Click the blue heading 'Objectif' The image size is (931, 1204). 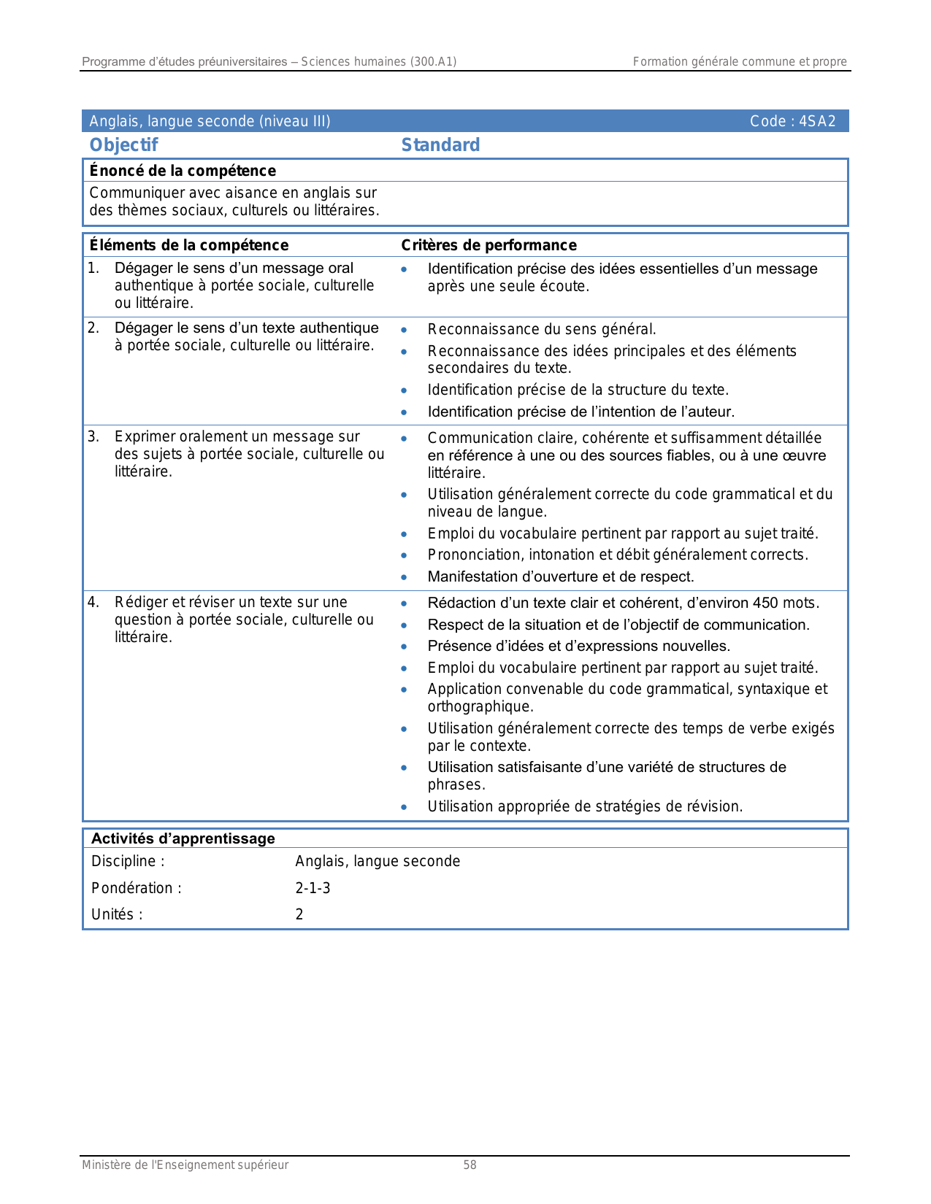click(x=123, y=145)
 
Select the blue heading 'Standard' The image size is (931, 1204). click(x=440, y=145)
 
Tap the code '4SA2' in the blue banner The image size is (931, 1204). click(x=817, y=121)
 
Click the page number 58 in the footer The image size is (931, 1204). click(x=470, y=1165)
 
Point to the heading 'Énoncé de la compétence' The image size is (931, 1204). click(x=183, y=171)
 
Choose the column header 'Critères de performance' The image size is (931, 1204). click(x=489, y=245)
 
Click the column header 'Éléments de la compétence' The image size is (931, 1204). click(x=188, y=245)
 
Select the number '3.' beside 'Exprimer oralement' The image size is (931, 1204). click(x=93, y=437)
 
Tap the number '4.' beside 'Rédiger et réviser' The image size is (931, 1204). click(x=93, y=603)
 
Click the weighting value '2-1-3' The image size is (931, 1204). click(x=313, y=888)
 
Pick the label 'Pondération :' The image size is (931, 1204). click(x=136, y=888)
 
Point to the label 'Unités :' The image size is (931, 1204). click(x=117, y=914)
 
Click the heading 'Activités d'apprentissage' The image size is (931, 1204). click(x=183, y=838)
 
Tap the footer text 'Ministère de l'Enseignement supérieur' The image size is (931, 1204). click(x=185, y=1165)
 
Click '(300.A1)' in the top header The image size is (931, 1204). click(x=433, y=62)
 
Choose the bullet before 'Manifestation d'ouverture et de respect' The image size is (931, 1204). click(x=404, y=577)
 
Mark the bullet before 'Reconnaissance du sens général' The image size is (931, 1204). click(x=404, y=330)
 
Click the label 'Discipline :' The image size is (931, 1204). click(x=128, y=862)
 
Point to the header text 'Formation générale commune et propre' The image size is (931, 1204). click(x=740, y=62)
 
